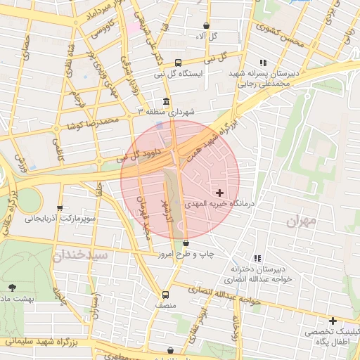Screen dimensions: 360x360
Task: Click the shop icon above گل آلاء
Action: [x=205, y=25]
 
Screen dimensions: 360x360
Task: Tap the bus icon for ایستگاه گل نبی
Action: [x=177, y=62]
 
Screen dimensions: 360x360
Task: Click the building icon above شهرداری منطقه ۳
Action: [x=166, y=101]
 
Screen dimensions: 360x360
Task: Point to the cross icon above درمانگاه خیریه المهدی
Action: [x=220, y=192]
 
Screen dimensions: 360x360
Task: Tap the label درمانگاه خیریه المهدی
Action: [x=218, y=203]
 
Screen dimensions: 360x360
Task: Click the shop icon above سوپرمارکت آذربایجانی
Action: [x=60, y=207]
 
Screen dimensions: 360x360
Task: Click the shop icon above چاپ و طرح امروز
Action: [x=186, y=243]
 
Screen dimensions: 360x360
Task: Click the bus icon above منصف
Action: [x=165, y=295]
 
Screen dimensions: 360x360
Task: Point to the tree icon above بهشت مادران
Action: [x=12, y=287]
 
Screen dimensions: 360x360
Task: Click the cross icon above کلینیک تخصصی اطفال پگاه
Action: [x=333, y=320]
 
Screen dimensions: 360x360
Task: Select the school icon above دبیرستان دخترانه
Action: [x=258, y=258]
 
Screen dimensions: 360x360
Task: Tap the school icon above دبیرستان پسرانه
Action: [x=264, y=63]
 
